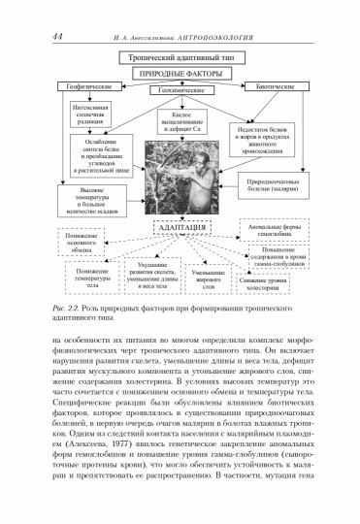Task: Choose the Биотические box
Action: pyautogui.click(x=281, y=88)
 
